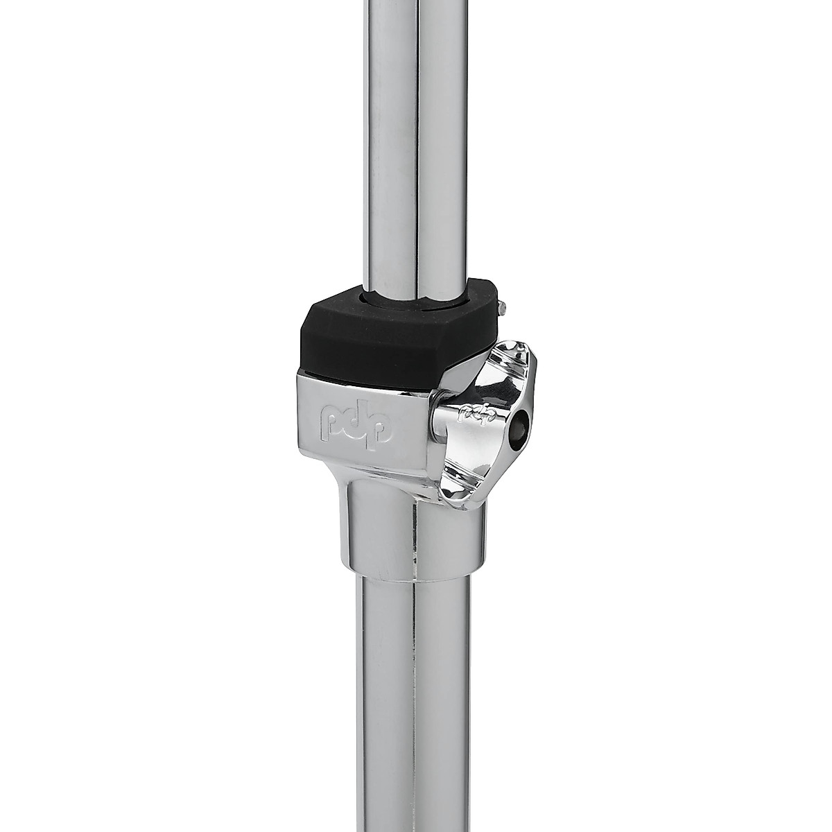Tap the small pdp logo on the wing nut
473,415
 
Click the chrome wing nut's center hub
485,423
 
